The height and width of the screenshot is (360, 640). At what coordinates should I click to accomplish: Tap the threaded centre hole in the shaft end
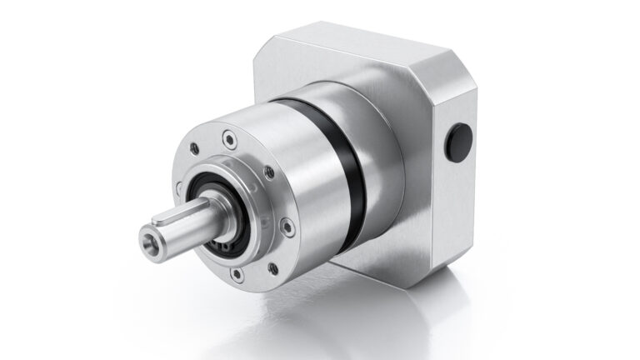[148, 244]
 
